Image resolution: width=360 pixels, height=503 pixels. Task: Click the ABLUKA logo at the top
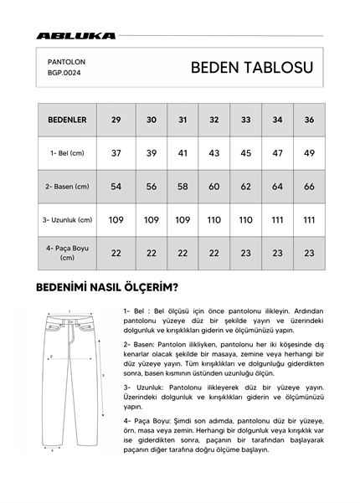pyautogui.click(x=76, y=36)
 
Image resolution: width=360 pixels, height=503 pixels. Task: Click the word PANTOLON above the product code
pyautogui.click(x=67, y=61)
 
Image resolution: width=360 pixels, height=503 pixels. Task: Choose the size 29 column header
pyautogui.click(x=116, y=120)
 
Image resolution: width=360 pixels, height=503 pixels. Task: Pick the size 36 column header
pyautogui.click(x=309, y=120)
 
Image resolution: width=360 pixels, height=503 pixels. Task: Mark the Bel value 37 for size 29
pyautogui.click(x=116, y=153)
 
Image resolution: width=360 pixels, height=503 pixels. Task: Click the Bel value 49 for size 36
pyautogui.click(x=309, y=153)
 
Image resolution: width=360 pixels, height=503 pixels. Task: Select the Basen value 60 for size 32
pyautogui.click(x=214, y=187)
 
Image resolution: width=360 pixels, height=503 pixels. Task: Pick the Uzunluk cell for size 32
pyautogui.click(x=214, y=219)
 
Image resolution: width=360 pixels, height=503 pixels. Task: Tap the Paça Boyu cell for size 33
pyautogui.click(x=245, y=252)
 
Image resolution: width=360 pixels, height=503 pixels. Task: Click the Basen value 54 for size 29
pyautogui.click(x=116, y=187)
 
